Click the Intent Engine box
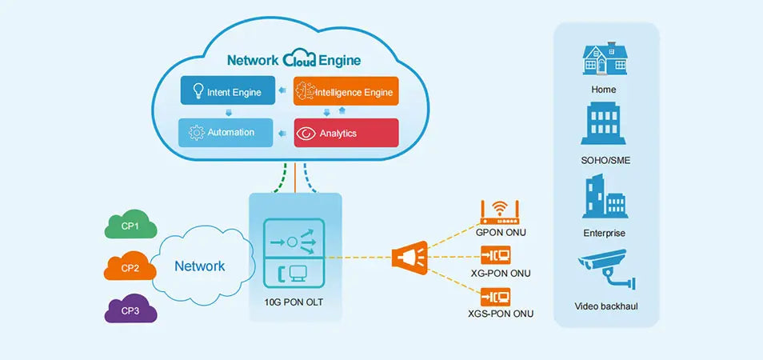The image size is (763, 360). tap(227, 91)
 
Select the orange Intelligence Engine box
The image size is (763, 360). tap(346, 91)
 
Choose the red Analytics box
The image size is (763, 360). tap(346, 133)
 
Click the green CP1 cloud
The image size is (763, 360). tap(130, 227)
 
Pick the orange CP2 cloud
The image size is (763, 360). tap(130, 267)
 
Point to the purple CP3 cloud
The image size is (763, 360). tap(130, 309)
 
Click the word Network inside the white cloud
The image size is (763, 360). tap(200, 266)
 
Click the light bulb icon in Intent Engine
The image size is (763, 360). tap(195, 91)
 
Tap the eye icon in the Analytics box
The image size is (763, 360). tap(306, 134)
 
